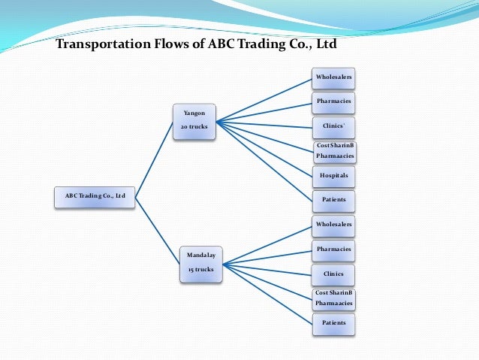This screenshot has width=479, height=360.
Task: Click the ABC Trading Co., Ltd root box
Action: click(95, 197)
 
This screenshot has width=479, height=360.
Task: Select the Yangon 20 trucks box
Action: click(194, 121)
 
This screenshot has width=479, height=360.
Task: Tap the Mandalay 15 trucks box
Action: click(201, 262)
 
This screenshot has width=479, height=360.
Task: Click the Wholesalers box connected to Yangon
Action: click(333, 77)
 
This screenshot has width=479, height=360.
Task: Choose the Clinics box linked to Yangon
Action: click(333, 126)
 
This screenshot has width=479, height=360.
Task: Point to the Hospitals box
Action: click(333, 176)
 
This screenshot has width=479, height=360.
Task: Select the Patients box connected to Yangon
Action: click(333, 200)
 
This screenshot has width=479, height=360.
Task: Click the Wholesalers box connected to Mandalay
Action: click(333, 224)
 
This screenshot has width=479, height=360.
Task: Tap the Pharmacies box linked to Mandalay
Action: click(333, 249)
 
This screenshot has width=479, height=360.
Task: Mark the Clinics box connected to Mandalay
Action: click(333, 274)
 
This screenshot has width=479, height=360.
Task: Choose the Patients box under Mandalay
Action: click(333, 323)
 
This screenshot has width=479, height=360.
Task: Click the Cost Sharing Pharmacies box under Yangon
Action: click(334, 151)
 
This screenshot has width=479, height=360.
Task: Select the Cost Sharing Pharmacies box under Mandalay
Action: click(333, 299)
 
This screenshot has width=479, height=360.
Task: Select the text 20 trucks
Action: click(194, 126)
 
